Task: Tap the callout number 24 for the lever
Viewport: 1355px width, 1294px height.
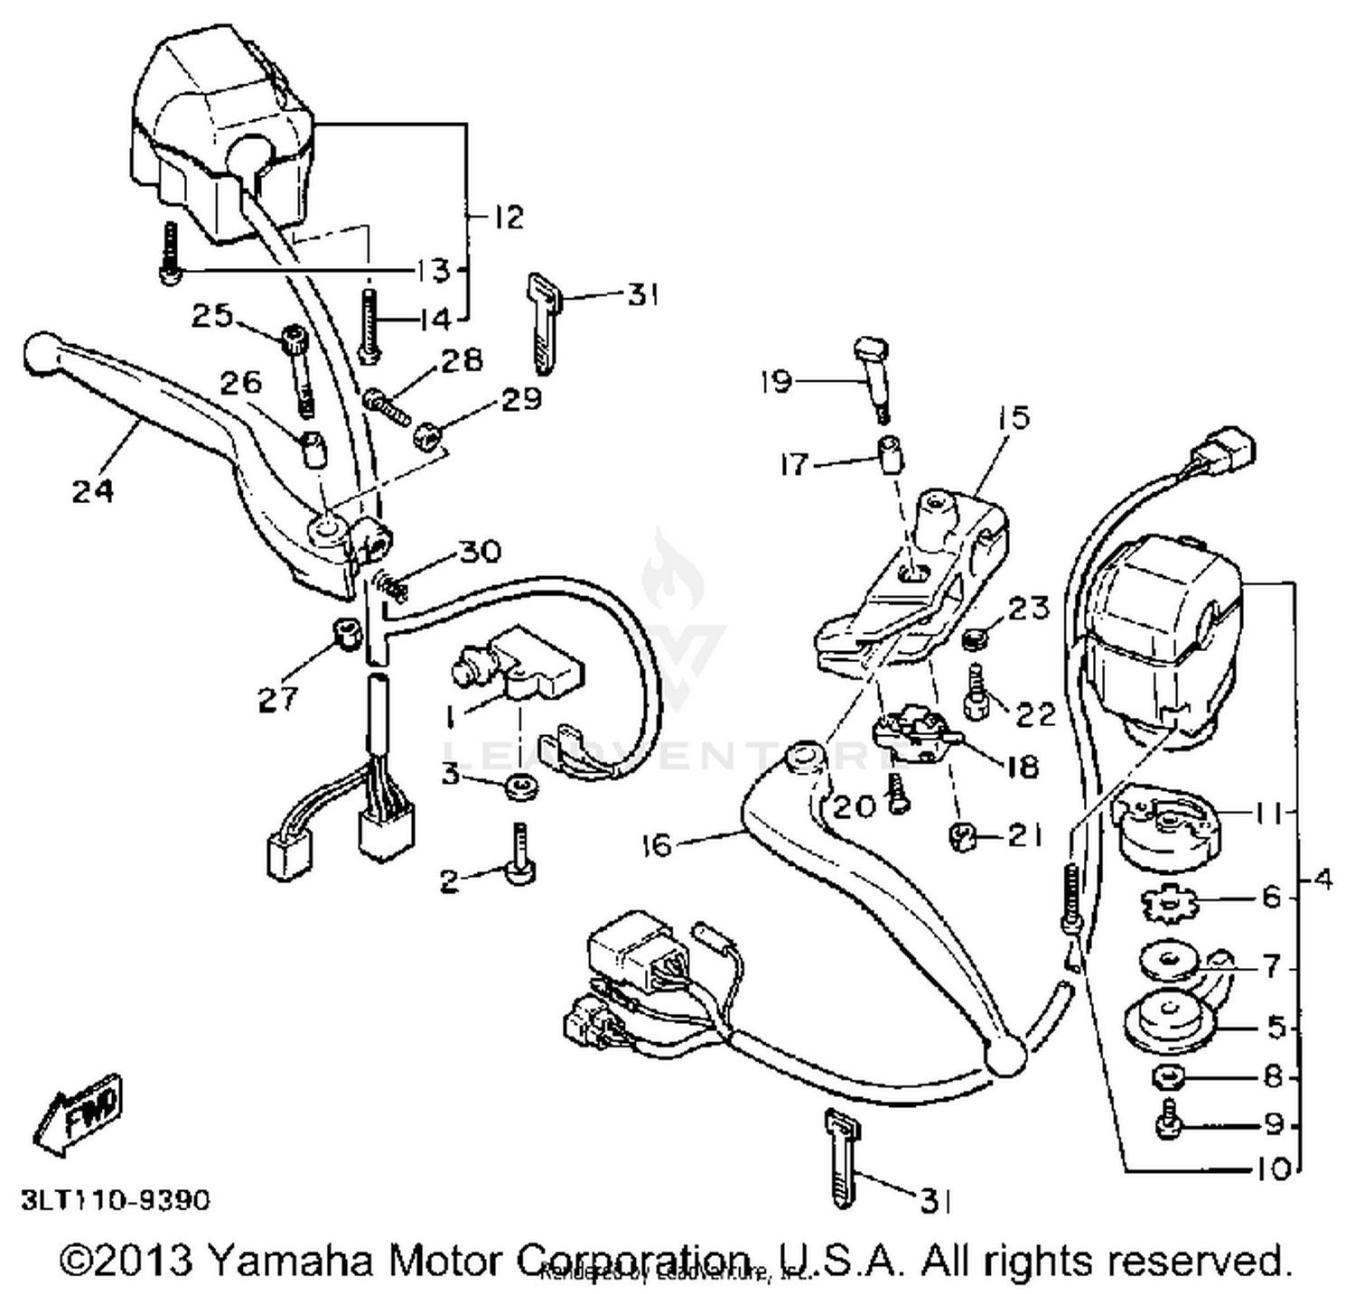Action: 94,490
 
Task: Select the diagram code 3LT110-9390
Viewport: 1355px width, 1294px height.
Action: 116,1199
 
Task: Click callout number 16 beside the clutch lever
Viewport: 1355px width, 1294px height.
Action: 657,845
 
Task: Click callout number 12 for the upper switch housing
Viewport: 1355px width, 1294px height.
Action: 509,218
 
